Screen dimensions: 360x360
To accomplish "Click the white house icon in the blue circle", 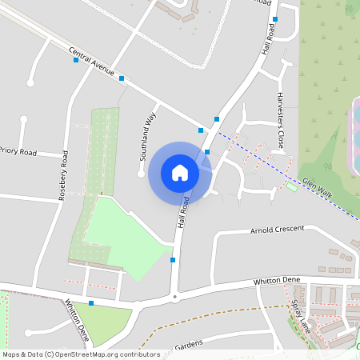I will pos(180,172).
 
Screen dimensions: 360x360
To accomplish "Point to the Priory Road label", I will pos(18,150).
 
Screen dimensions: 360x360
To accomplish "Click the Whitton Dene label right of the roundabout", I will pos(276,281).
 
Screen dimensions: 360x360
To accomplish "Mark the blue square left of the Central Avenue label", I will pos(75,60).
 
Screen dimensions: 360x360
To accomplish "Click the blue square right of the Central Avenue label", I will pos(122,78).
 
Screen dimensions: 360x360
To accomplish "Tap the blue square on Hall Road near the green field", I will pos(173,259).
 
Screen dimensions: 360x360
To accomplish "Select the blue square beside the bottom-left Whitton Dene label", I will pos(91,303).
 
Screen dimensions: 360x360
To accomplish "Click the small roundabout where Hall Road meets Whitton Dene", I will pos(175,298).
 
